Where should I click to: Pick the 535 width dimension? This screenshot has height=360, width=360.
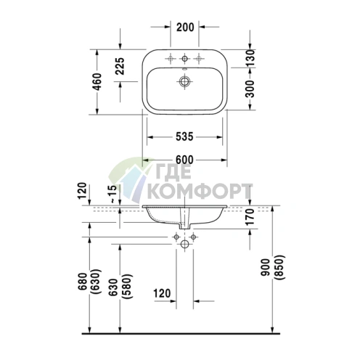click(186, 136)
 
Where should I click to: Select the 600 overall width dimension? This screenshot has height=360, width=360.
click(186, 160)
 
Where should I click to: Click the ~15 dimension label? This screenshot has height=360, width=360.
click(111, 195)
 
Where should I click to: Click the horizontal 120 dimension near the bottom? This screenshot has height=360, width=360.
click(163, 294)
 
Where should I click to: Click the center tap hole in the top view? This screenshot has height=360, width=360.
click(186, 58)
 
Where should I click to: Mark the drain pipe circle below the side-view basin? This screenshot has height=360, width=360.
click(186, 246)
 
